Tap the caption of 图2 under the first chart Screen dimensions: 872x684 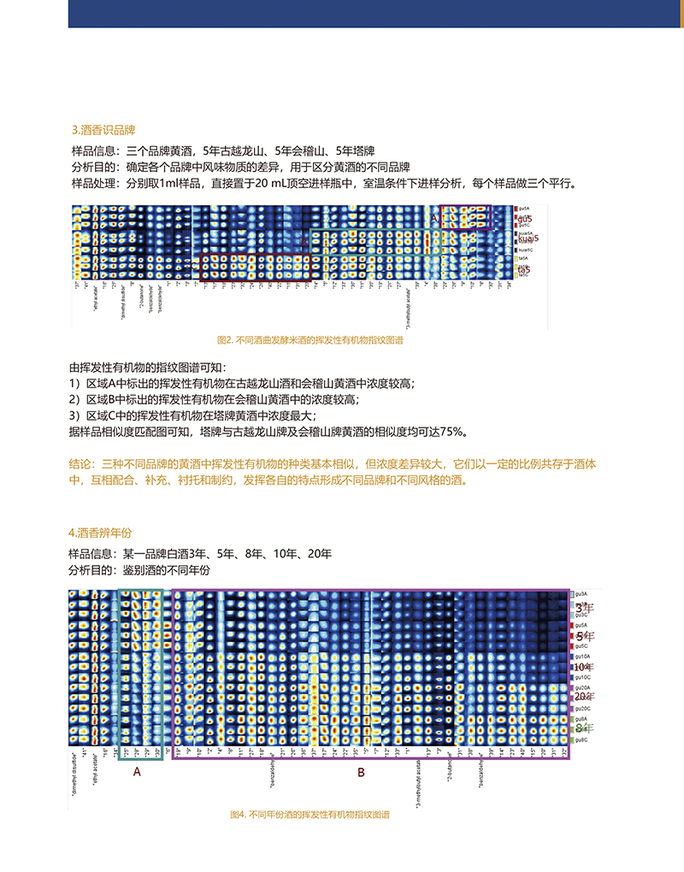click(310, 339)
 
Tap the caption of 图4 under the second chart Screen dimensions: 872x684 click(310, 816)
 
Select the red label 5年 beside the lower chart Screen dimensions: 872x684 click(582, 637)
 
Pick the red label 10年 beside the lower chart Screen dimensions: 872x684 click(584, 666)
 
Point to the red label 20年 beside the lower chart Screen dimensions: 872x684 click(584, 696)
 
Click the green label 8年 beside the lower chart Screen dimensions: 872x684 click(582, 728)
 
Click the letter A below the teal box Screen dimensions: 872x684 click(136, 772)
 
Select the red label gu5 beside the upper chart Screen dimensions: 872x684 click(523, 220)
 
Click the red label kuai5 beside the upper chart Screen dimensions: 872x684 click(528, 239)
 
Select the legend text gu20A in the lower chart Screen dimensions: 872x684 click(582, 687)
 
